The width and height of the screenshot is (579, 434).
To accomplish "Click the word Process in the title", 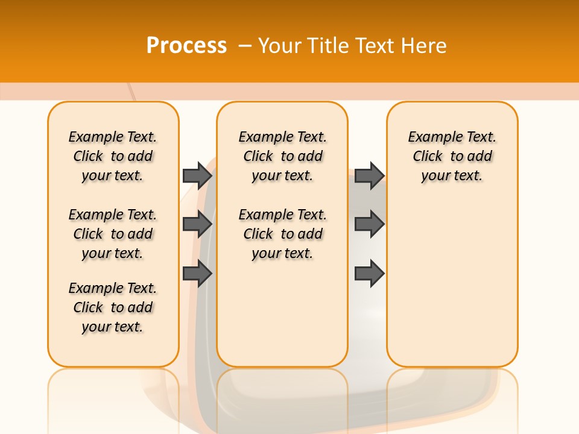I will [x=186, y=45].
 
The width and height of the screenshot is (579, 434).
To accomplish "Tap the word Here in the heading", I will [x=425, y=46].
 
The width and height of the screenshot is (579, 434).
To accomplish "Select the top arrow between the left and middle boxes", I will [x=197, y=175].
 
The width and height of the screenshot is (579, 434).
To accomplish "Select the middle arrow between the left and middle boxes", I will [x=197, y=224].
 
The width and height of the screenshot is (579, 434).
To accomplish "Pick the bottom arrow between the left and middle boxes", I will [x=197, y=274].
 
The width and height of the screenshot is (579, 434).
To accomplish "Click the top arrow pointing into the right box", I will [x=369, y=175].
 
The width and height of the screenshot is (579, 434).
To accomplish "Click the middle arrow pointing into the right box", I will [x=369, y=224].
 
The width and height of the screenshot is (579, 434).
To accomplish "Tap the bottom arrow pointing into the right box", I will [x=369, y=274].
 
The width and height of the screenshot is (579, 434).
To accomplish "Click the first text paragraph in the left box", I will [x=113, y=156].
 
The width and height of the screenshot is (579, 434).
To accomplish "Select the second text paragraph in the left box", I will [x=113, y=234].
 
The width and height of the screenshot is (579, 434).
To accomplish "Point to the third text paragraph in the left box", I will [x=113, y=307].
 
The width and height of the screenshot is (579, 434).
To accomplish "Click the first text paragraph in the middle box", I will [x=282, y=156].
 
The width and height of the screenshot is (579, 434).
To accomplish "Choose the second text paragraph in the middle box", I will [x=282, y=234].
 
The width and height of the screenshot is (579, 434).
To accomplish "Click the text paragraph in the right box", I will [x=452, y=156].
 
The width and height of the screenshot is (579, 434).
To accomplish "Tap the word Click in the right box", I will [x=428, y=157].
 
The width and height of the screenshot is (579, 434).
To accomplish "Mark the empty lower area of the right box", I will [x=452, y=283].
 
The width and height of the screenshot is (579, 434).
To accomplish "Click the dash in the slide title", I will [x=244, y=46].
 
